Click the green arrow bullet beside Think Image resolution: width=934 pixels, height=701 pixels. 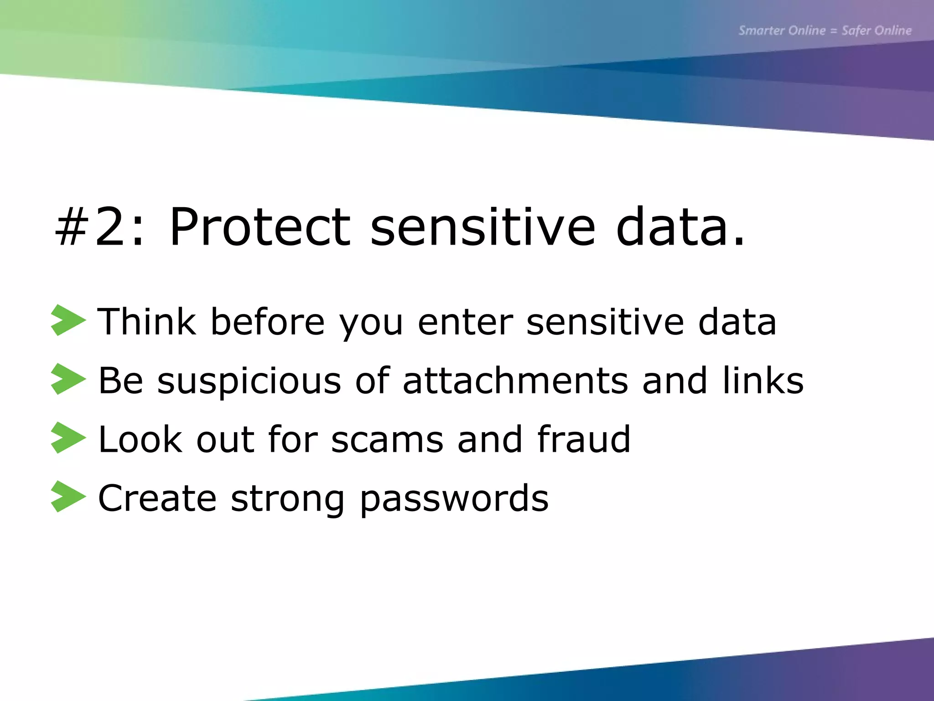(x=68, y=320)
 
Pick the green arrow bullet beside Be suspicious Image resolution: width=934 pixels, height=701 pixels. (x=68, y=379)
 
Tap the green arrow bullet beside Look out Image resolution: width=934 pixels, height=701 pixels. (x=68, y=438)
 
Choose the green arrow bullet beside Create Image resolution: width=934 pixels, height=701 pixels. (x=68, y=497)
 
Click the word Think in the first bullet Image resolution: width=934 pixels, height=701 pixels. (x=147, y=322)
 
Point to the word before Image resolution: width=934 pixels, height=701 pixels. (x=267, y=322)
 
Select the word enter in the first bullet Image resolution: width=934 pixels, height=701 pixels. (x=465, y=322)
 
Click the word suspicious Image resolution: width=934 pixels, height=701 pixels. (x=249, y=381)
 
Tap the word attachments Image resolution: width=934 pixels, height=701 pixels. (x=515, y=380)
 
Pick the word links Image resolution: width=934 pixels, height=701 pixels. (x=763, y=380)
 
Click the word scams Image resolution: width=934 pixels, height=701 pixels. (x=387, y=439)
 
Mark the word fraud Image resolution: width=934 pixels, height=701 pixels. (x=584, y=439)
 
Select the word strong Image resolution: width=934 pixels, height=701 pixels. (x=287, y=498)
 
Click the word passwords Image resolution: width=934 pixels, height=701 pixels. (x=454, y=498)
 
